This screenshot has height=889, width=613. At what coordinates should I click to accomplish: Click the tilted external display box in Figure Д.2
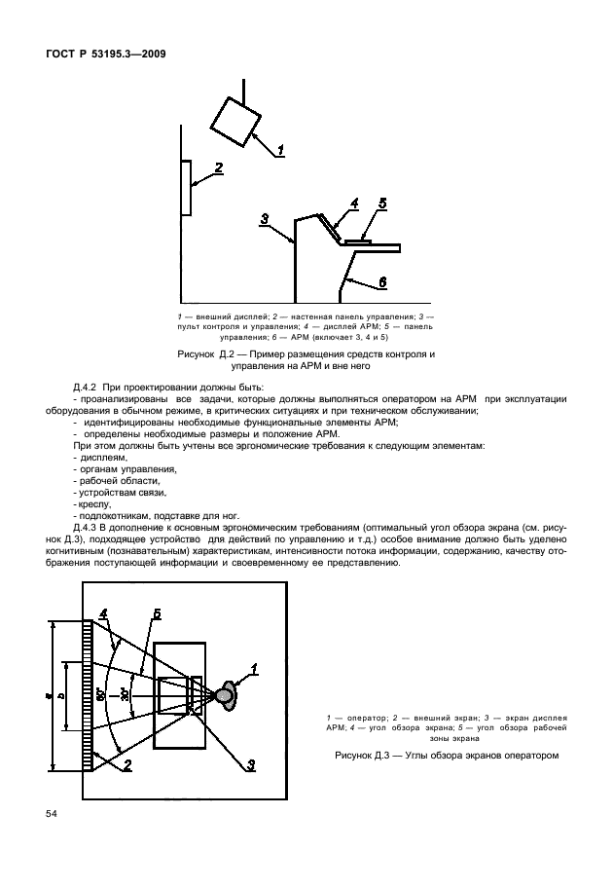click(x=234, y=124)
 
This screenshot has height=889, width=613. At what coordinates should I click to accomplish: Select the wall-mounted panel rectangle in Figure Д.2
click(x=185, y=188)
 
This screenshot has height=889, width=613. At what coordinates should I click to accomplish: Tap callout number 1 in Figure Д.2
click(x=279, y=150)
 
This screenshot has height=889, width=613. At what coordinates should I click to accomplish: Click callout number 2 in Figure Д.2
click(x=219, y=167)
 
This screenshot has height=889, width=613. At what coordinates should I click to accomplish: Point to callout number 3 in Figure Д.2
click(x=265, y=218)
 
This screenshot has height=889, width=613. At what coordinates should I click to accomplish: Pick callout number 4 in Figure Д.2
click(x=354, y=203)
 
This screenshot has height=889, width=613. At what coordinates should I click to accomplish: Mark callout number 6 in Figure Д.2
click(x=382, y=280)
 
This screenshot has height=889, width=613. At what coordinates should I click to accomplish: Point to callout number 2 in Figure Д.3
click(x=126, y=765)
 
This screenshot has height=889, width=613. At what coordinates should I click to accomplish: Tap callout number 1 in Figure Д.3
click(x=254, y=667)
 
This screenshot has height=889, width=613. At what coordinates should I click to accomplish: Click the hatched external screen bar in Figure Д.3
click(x=88, y=695)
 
